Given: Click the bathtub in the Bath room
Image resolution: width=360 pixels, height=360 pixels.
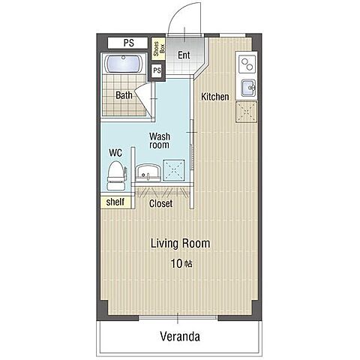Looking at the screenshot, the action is (x=124, y=64).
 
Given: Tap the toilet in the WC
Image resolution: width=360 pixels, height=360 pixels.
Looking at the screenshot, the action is (x=116, y=175).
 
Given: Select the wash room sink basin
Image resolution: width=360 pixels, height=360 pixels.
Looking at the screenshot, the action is (x=148, y=173).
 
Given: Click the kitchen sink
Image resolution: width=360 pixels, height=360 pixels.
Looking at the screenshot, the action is (x=248, y=88).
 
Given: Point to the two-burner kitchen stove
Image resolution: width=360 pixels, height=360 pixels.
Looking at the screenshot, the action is (x=247, y=64).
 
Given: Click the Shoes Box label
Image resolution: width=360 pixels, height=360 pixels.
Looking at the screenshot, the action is (x=158, y=49).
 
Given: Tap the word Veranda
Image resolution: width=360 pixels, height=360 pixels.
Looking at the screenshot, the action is (x=180, y=337).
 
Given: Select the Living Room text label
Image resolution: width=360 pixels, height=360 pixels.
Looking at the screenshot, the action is (x=180, y=243).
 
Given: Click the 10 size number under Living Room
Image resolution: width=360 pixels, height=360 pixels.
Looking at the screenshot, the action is (x=176, y=263).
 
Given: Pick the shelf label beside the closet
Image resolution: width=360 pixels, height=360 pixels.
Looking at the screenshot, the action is (x=115, y=202).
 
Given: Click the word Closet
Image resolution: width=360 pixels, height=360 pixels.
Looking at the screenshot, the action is (x=160, y=203).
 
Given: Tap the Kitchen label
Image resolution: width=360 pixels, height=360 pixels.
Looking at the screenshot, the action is (x=215, y=97).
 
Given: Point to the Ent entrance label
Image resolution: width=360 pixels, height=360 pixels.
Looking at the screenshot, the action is (x=184, y=55).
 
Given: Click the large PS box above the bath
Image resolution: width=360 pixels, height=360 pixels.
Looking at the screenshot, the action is (x=127, y=43).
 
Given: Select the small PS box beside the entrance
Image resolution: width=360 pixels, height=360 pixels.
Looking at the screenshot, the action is (x=157, y=70).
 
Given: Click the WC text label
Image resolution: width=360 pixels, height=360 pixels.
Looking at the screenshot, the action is (x=115, y=153).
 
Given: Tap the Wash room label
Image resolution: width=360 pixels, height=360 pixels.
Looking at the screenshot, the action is (x=160, y=141).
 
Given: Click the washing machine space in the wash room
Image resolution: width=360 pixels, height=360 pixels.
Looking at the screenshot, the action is (x=174, y=170).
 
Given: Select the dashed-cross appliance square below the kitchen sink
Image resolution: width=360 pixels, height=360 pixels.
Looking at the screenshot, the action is (x=247, y=112).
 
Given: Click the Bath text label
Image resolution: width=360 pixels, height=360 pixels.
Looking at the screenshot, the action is (x=124, y=95).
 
